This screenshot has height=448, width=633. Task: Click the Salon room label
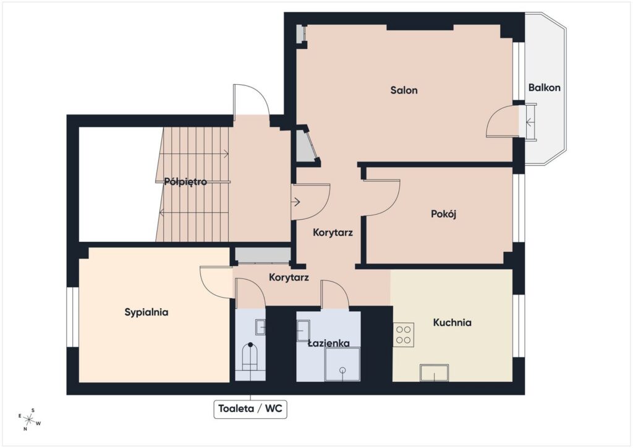404,90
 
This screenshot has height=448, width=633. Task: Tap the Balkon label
544,87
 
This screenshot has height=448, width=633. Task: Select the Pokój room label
443,213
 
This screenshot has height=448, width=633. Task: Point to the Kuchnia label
452,322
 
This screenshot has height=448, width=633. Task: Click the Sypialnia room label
146,312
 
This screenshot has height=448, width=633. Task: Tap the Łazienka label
329,343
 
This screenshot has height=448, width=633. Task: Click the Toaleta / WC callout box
250,409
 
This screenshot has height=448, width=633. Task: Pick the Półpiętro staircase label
185,182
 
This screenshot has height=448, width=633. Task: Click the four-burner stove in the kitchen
403,335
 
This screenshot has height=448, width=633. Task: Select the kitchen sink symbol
434,373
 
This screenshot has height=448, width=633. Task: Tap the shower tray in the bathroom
342,365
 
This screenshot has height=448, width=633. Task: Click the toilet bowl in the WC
250,356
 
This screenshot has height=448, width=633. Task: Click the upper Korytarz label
333,233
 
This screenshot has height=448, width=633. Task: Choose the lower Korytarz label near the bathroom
289,278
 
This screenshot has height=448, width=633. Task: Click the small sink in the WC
260,327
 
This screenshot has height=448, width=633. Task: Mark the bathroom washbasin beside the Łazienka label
303,331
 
